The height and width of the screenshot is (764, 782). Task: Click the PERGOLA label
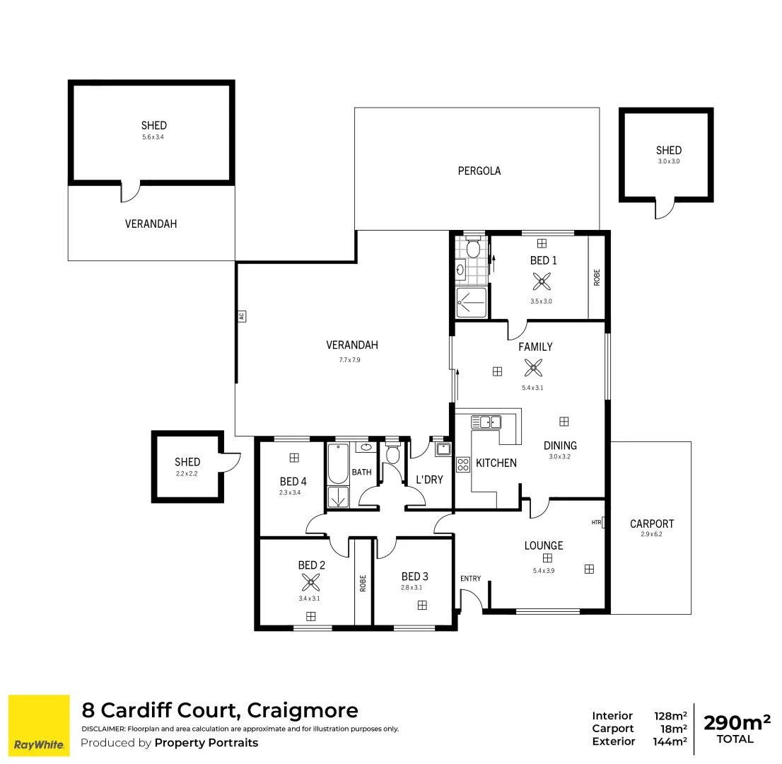[479, 170]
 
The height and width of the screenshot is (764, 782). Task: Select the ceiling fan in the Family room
[534, 367]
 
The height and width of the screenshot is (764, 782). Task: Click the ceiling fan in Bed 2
[310, 582]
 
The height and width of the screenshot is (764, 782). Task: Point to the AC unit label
[241, 316]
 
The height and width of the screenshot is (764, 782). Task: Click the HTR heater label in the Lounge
[596, 523]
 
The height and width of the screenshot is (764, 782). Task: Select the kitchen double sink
[486, 422]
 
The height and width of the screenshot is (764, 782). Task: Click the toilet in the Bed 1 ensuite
[473, 248]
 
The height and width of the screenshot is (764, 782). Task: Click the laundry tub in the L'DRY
[443, 449]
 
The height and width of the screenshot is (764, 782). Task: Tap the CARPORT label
[651, 524]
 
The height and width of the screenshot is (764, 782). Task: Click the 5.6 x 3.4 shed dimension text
[153, 137]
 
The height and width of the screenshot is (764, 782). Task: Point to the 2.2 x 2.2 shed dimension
[187, 474]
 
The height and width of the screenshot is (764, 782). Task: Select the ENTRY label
[470, 579]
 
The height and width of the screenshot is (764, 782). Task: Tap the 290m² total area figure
[735, 722]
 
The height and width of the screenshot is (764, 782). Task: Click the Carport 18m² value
[670, 729]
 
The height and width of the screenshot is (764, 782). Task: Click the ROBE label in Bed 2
[363, 583]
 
